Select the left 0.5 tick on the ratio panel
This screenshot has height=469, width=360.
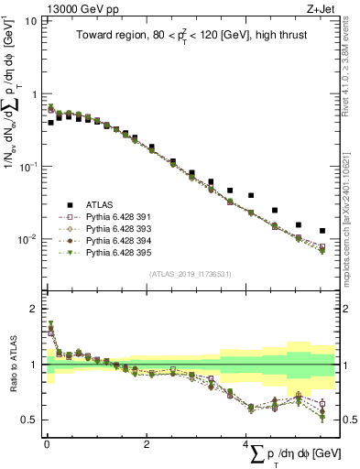coord(30,420)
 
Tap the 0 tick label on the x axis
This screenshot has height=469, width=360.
coord(47,444)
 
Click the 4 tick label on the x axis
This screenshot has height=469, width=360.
coord(245,444)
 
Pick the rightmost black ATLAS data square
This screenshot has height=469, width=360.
coord(322,231)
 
